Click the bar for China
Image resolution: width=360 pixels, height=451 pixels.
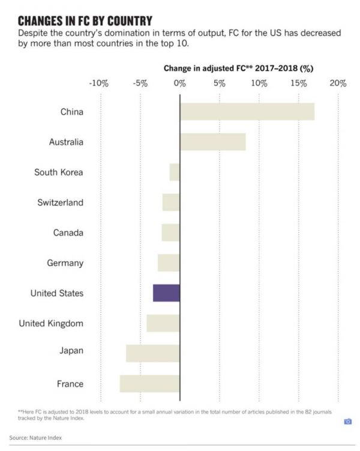[x=247, y=112]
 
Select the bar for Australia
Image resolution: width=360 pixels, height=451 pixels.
[x=212, y=142]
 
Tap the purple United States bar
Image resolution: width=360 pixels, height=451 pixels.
[x=166, y=293]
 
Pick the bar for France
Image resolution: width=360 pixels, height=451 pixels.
[x=149, y=384]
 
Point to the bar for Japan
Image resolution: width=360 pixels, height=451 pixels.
[x=152, y=353]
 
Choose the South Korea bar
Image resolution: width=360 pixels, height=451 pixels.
[x=175, y=172]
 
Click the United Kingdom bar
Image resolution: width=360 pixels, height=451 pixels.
[x=163, y=323]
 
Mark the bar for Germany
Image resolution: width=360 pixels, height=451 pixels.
[x=169, y=263]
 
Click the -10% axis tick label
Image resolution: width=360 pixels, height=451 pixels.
[x=98, y=83]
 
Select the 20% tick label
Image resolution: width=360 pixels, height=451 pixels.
[x=338, y=83]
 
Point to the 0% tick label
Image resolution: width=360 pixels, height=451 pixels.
[x=179, y=83]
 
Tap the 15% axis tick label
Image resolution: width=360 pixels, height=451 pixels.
[x=299, y=83]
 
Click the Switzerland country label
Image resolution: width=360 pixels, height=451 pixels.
[x=60, y=202]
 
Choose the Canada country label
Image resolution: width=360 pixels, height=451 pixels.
[x=68, y=232]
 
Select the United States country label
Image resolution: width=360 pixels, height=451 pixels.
[x=57, y=293]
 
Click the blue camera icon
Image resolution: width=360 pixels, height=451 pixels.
[x=347, y=422]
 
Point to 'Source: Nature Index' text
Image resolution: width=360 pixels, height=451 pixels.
[x=35, y=437]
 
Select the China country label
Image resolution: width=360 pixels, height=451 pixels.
[x=72, y=112]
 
